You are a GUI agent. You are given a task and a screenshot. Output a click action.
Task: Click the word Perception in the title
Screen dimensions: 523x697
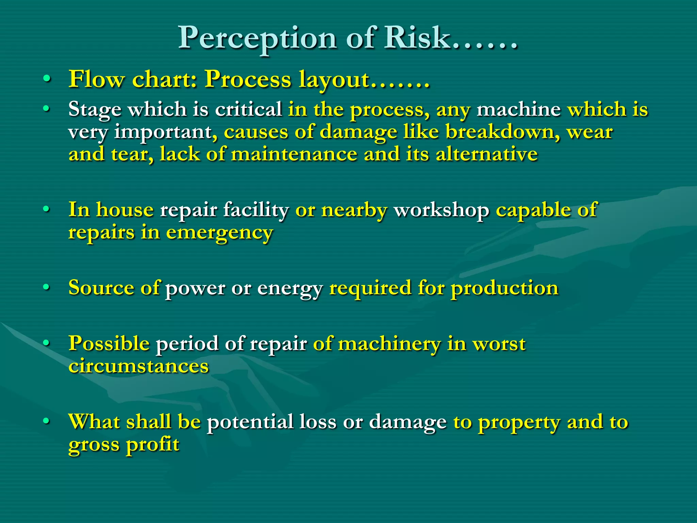(x=257, y=38)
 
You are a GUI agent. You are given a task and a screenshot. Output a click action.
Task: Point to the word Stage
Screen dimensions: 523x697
(x=94, y=110)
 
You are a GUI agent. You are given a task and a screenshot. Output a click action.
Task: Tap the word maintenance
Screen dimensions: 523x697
(x=294, y=154)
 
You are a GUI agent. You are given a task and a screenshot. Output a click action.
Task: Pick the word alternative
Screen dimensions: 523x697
(x=487, y=154)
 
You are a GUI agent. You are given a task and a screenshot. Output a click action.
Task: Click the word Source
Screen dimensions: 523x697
(x=101, y=288)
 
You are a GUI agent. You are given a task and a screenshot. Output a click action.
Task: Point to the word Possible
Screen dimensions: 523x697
(x=109, y=343)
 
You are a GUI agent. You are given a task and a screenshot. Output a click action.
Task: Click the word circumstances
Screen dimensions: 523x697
(x=139, y=366)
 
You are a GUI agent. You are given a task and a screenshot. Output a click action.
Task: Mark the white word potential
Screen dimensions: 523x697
(x=250, y=422)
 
